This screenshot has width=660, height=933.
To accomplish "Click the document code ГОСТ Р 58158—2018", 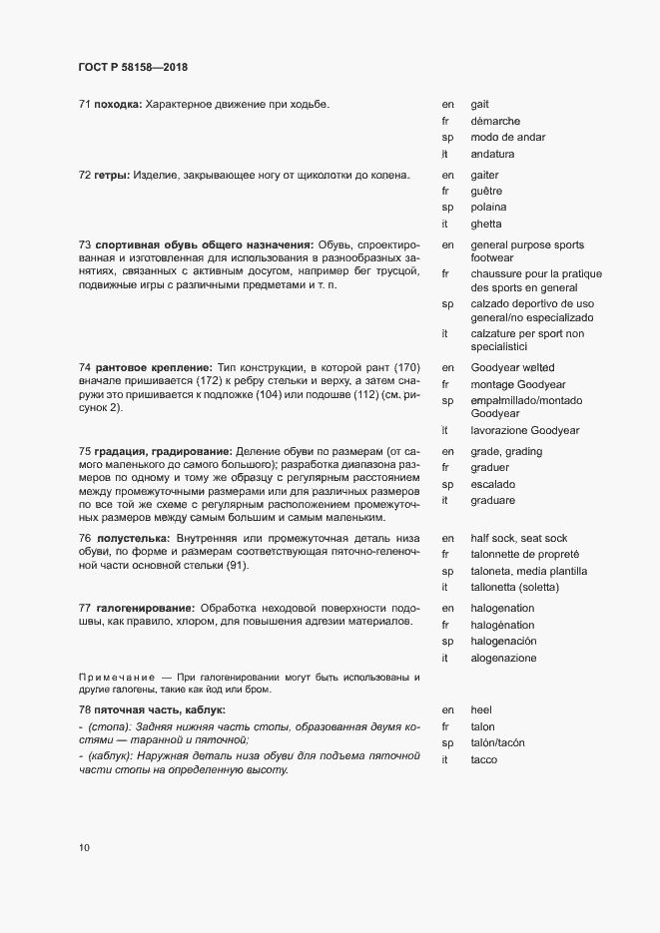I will click(132, 68).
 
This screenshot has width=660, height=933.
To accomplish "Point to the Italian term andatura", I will click(493, 155).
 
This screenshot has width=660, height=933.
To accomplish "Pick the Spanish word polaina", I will click(489, 208).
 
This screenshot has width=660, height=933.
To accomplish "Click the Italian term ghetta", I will click(486, 225).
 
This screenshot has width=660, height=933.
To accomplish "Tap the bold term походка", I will click(118, 104).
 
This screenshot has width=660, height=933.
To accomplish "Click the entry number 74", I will click(85, 368).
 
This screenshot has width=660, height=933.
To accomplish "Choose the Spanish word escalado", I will click(492, 485).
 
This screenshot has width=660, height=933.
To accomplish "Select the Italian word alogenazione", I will click(503, 659).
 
